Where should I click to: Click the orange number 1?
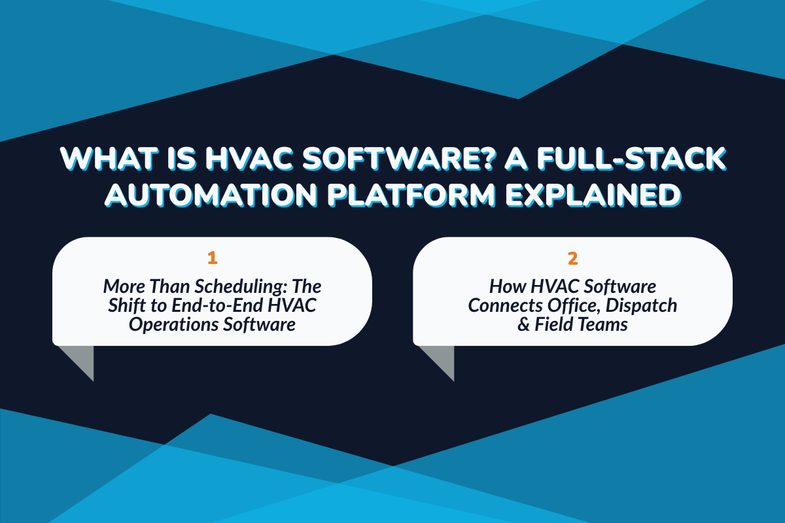point(212,258)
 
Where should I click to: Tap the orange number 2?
point(572,258)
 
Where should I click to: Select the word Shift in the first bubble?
point(122,305)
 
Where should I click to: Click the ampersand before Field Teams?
point(524,325)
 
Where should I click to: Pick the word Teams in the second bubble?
point(603,325)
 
